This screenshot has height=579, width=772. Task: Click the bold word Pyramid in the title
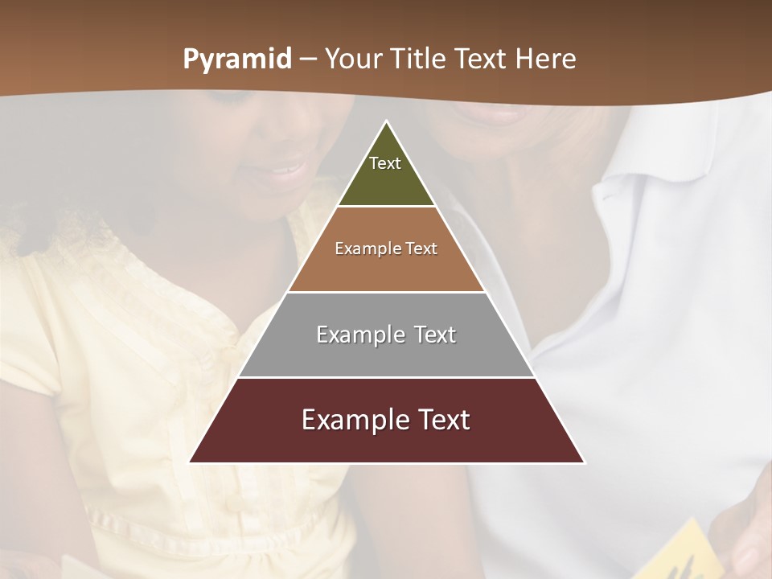click(237, 60)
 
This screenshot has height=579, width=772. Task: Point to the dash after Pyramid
click(307, 60)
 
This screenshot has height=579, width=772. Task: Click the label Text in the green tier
click(385, 163)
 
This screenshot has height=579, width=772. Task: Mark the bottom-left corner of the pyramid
click(190, 462)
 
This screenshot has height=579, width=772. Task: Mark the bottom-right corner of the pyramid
click(585, 462)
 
